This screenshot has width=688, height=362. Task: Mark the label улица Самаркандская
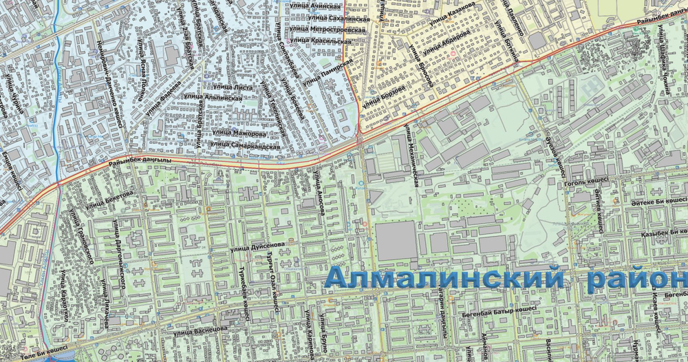[246, 145]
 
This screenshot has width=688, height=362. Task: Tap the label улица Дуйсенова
[257, 244]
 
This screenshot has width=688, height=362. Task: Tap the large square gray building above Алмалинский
[396, 240]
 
